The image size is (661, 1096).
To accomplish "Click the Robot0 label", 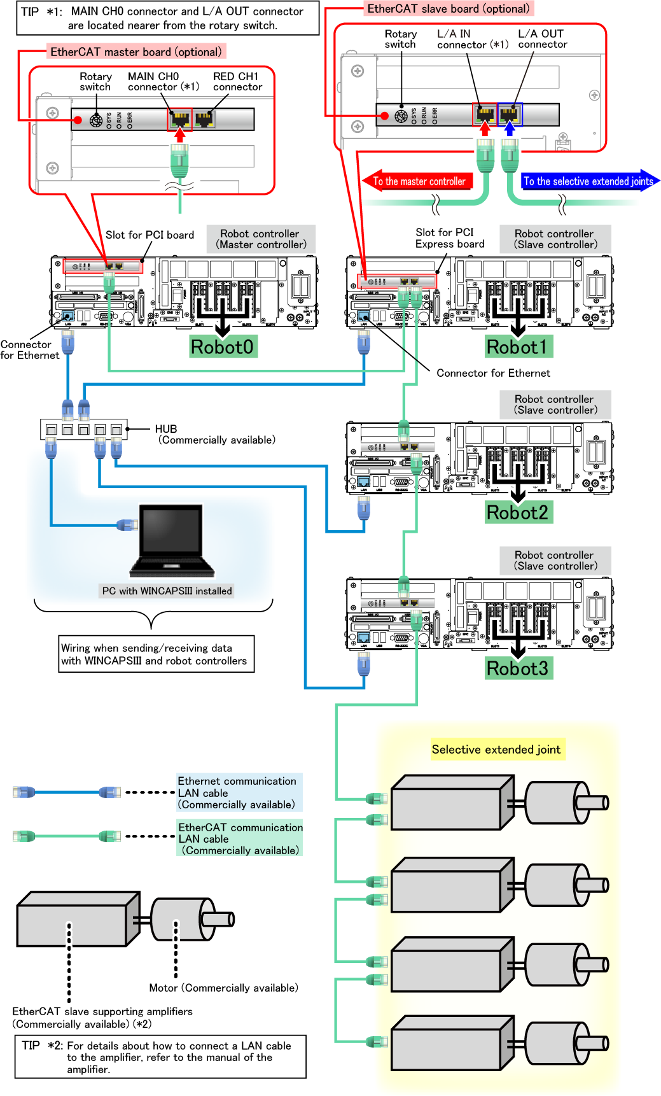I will pyautogui.click(x=222, y=347).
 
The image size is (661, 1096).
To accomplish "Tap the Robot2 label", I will pyautogui.click(x=517, y=512).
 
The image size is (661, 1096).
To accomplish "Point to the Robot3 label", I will pyautogui.click(x=517, y=668).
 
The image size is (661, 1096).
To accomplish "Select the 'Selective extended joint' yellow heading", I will pyautogui.click(x=496, y=749).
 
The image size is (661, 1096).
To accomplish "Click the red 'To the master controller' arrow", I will pyautogui.click(x=419, y=181).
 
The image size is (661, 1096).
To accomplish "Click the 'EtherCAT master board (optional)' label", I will pyautogui.click(x=136, y=52).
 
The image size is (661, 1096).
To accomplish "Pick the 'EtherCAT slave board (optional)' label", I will pyautogui.click(x=448, y=8).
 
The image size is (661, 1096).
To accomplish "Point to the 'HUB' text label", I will pyautogui.click(x=166, y=429).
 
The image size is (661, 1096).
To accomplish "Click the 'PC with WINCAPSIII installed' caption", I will pyautogui.click(x=167, y=591).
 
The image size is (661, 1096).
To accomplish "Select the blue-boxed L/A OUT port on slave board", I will pyautogui.click(x=510, y=115).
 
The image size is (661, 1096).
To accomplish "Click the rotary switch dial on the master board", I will pyautogui.click(x=96, y=120).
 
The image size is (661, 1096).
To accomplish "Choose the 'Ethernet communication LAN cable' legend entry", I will pyautogui.click(x=237, y=792).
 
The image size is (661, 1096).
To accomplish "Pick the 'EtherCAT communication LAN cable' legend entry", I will pyautogui.click(x=240, y=838).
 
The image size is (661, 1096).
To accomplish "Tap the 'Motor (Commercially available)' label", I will pyautogui.click(x=223, y=988).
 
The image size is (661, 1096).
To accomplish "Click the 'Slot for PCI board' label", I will pyautogui.click(x=150, y=235).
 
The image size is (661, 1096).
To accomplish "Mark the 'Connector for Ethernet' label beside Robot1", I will pyautogui.click(x=493, y=373).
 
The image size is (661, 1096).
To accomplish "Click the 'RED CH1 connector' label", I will pyautogui.click(x=237, y=81).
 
